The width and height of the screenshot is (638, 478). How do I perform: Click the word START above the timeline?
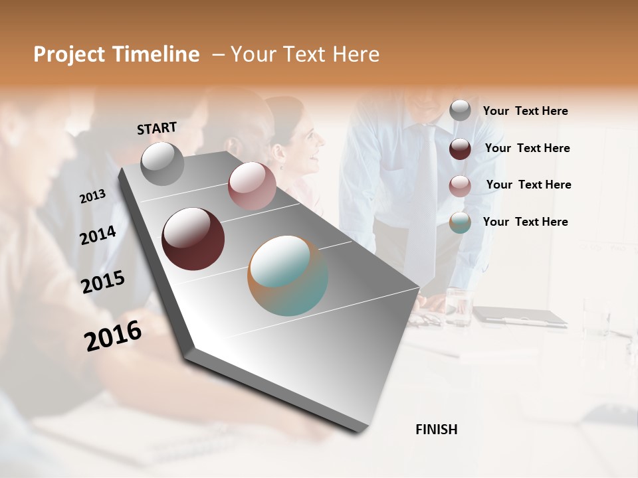coord(157,127)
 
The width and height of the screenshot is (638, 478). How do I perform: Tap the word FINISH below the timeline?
coord(436,430)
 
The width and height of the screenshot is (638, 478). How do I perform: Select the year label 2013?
coord(92,196)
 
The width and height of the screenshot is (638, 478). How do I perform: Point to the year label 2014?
coord(98,235)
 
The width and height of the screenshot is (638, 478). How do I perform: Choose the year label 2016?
coord(113,335)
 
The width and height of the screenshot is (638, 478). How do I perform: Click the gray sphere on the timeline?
coord(163,163)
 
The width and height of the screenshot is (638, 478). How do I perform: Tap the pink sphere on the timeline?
coord(252,186)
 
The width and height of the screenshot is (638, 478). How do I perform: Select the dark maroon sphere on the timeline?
coord(193,239)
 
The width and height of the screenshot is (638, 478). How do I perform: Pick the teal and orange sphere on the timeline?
coord(288,276)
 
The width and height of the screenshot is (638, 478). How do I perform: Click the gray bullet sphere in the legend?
coord(460,111)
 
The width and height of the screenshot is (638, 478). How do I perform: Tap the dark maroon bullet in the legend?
coord(460,149)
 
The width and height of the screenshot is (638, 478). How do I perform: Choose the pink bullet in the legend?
coord(460,186)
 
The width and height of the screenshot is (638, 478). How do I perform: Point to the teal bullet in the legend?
coord(460,222)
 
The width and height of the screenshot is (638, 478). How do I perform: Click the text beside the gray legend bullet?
coord(525,111)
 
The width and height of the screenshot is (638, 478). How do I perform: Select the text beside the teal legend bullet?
coord(525,222)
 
